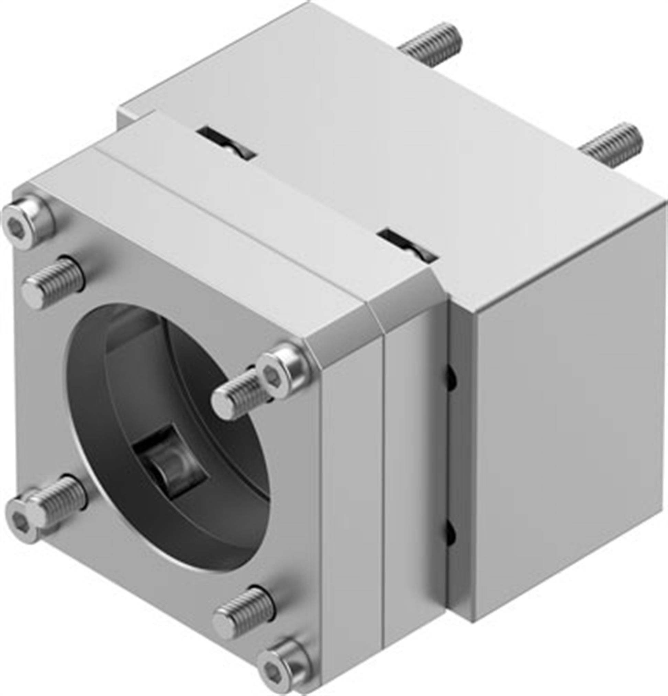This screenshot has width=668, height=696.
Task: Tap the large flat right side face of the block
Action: (x=568, y=444)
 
